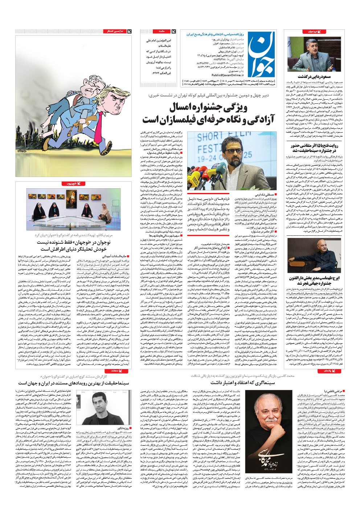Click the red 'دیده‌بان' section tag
click(x=311, y=32)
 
